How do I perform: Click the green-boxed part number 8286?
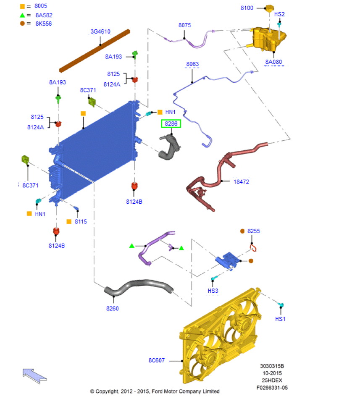click(171, 124)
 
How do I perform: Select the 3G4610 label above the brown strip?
click(100, 31)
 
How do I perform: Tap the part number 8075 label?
click(184, 25)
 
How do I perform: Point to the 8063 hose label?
click(192, 64)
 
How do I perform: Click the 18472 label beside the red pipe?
click(242, 182)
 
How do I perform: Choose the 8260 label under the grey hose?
click(112, 309)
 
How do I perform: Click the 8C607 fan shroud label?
click(157, 360)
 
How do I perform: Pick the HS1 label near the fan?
click(280, 319)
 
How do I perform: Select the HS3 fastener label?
click(213, 291)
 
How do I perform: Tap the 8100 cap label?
click(247, 8)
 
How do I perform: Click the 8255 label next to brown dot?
click(254, 231)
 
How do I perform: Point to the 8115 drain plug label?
click(81, 221)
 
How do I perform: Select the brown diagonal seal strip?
click(95, 50)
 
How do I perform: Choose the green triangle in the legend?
click(23, 15)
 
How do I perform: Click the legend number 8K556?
click(44, 24)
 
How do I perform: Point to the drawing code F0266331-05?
click(272, 388)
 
